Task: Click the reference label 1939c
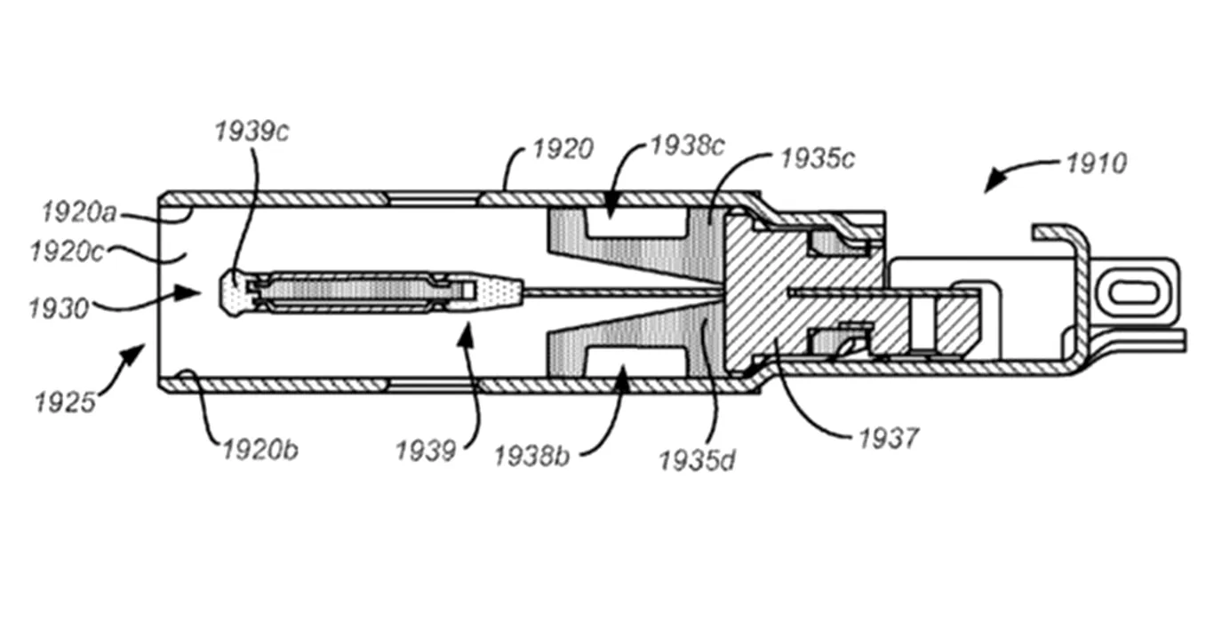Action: (252, 132)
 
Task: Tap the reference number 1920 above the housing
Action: (563, 149)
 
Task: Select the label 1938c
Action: (687, 146)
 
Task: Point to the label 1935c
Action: (818, 159)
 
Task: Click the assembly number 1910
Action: (1097, 163)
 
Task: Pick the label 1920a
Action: (79, 212)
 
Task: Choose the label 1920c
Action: (67, 252)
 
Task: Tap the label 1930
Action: (59, 309)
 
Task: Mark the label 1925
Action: (65, 403)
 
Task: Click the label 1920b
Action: (260, 451)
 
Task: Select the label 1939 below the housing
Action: (426, 451)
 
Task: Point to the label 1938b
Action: (531, 457)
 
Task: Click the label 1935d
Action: (698, 461)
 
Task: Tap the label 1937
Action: (889, 438)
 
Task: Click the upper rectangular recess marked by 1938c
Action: (637, 223)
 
